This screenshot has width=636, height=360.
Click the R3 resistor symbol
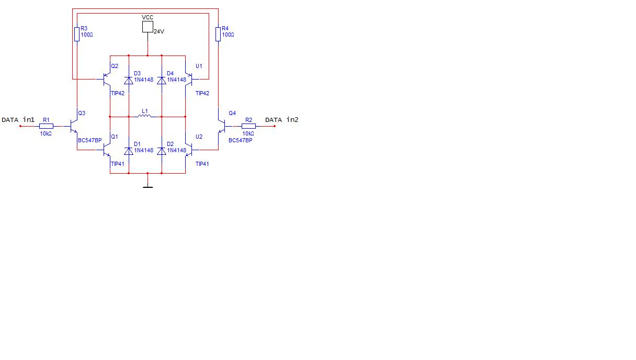pos(77,34)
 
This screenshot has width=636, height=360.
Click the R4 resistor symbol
pos(218,34)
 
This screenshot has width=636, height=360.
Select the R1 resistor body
pos(46,126)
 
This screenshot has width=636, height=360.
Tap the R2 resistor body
pos(248,126)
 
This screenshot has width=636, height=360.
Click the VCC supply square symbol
pos(147,27)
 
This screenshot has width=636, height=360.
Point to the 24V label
pos(159,31)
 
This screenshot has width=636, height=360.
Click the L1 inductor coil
pos(144,116)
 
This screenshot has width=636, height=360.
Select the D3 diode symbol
pos(129,81)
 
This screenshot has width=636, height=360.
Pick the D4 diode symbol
pos(162,81)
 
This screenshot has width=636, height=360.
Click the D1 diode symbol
pos(129,151)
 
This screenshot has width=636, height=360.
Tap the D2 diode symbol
pos(162,151)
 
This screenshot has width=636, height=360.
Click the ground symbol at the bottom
pos(147,187)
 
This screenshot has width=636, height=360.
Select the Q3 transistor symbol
pos(73,126)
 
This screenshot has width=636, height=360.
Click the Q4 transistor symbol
pos(222,126)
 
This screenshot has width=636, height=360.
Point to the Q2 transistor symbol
pos(106,79)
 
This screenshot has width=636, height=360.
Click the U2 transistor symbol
pos(189,150)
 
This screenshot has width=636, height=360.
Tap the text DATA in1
pos(18,120)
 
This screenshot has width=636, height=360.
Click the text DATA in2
pos(282,120)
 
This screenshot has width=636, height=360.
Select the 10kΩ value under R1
pos(46,133)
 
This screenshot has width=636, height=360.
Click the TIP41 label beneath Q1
pos(118,164)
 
